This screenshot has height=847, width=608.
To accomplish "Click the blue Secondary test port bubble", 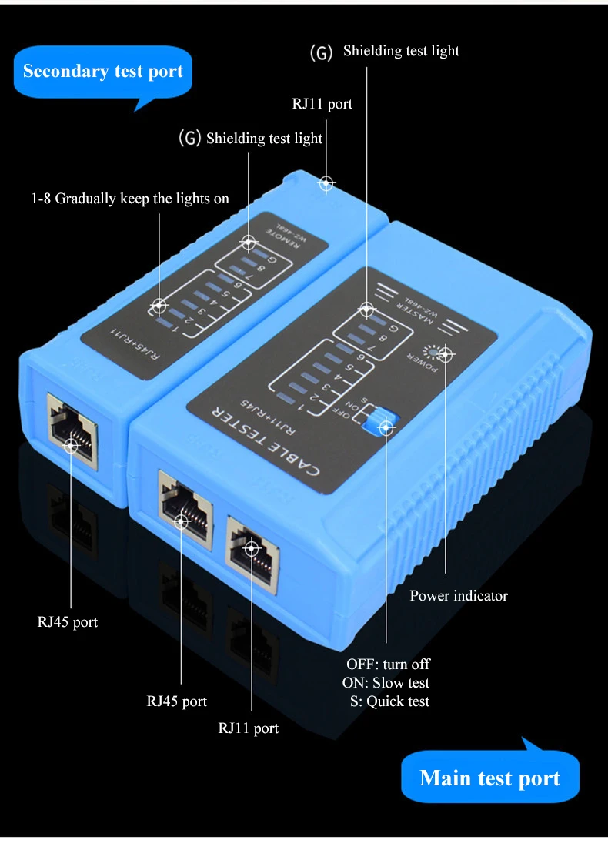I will pyautogui.click(x=102, y=72).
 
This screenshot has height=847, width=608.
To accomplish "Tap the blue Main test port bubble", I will pyautogui.click(x=489, y=778).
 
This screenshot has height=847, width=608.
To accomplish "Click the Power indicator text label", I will pyautogui.click(x=459, y=595).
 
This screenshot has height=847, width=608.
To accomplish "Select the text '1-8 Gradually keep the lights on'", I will pyautogui.click(x=130, y=199).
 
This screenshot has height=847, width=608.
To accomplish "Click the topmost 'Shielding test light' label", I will pyautogui.click(x=401, y=51).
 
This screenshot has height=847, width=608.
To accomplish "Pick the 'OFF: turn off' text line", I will pyautogui.click(x=388, y=664).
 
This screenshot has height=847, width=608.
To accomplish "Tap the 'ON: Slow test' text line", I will pyautogui.click(x=386, y=682).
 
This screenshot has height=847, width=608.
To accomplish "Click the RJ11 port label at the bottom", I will pyautogui.click(x=249, y=728).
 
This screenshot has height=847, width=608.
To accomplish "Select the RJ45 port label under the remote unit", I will pyautogui.click(x=68, y=621).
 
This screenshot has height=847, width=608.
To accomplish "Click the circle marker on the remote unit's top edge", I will pyautogui.click(x=326, y=183).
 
